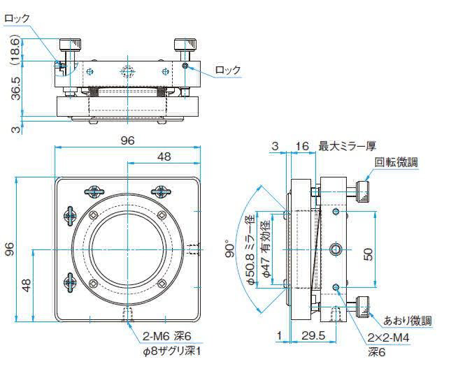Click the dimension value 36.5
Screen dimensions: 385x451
[x=15, y=89]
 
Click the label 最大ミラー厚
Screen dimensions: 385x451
[x=348, y=146]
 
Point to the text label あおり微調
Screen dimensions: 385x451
[x=408, y=321]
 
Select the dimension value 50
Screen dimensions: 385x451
[x=368, y=253]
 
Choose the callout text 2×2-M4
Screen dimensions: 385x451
[x=389, y=338]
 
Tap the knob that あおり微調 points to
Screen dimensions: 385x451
[x=362, y=305]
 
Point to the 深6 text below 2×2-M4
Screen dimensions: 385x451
[x=378, y=353]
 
